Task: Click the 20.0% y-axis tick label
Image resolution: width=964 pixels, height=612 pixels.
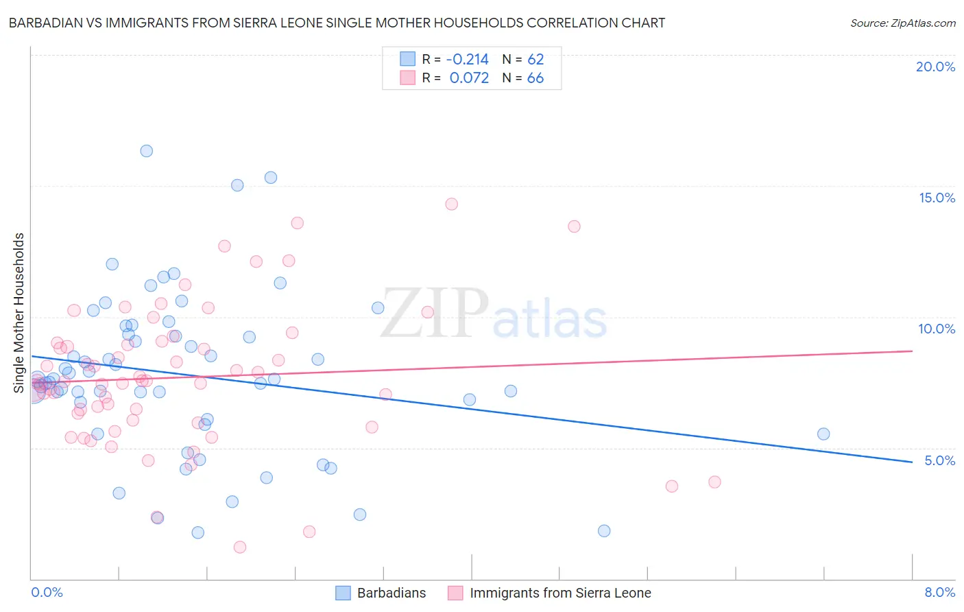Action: click(x=935, y=67)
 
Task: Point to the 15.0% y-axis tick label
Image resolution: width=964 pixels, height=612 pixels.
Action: click(x=937, y=198)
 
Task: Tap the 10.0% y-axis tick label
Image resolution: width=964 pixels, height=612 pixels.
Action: click(x=937, y=329)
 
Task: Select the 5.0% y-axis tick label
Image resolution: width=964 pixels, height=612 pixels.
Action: click(x=939, y=460)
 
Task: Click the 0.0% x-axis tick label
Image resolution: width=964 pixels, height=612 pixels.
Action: click(x=47, y=592)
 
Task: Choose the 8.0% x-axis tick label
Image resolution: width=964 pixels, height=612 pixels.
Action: click(x=939, y=592)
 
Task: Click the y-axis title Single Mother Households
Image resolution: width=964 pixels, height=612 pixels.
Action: click(x=19, y=313)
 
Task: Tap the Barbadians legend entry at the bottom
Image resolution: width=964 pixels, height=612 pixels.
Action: click(x=391, y=593)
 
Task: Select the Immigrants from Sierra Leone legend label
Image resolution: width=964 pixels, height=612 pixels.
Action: click(x=560, y=593)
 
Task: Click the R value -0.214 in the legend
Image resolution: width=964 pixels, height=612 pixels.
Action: click(x=467, y=59)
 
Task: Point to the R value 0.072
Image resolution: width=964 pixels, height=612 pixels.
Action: click(x=469, y=78)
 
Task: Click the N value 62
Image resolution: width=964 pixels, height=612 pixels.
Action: click(x=535, y=59)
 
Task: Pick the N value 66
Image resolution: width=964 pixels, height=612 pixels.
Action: click(x=535, y=78)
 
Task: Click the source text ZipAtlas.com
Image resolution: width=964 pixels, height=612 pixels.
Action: click(x=903, y=23)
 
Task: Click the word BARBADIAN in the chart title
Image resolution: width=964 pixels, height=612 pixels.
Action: click(x=43, y=23)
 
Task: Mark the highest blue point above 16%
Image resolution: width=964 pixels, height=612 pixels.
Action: click(x=146, y=151)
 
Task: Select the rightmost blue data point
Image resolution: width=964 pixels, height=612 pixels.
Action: click(x=823, y=434)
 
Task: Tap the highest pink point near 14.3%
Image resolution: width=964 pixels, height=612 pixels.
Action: click(x=451, y=204)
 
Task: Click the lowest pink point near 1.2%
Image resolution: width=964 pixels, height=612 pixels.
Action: click(x=240, y=547)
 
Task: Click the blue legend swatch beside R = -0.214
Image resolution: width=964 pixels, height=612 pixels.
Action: click(x=407, y=59)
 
